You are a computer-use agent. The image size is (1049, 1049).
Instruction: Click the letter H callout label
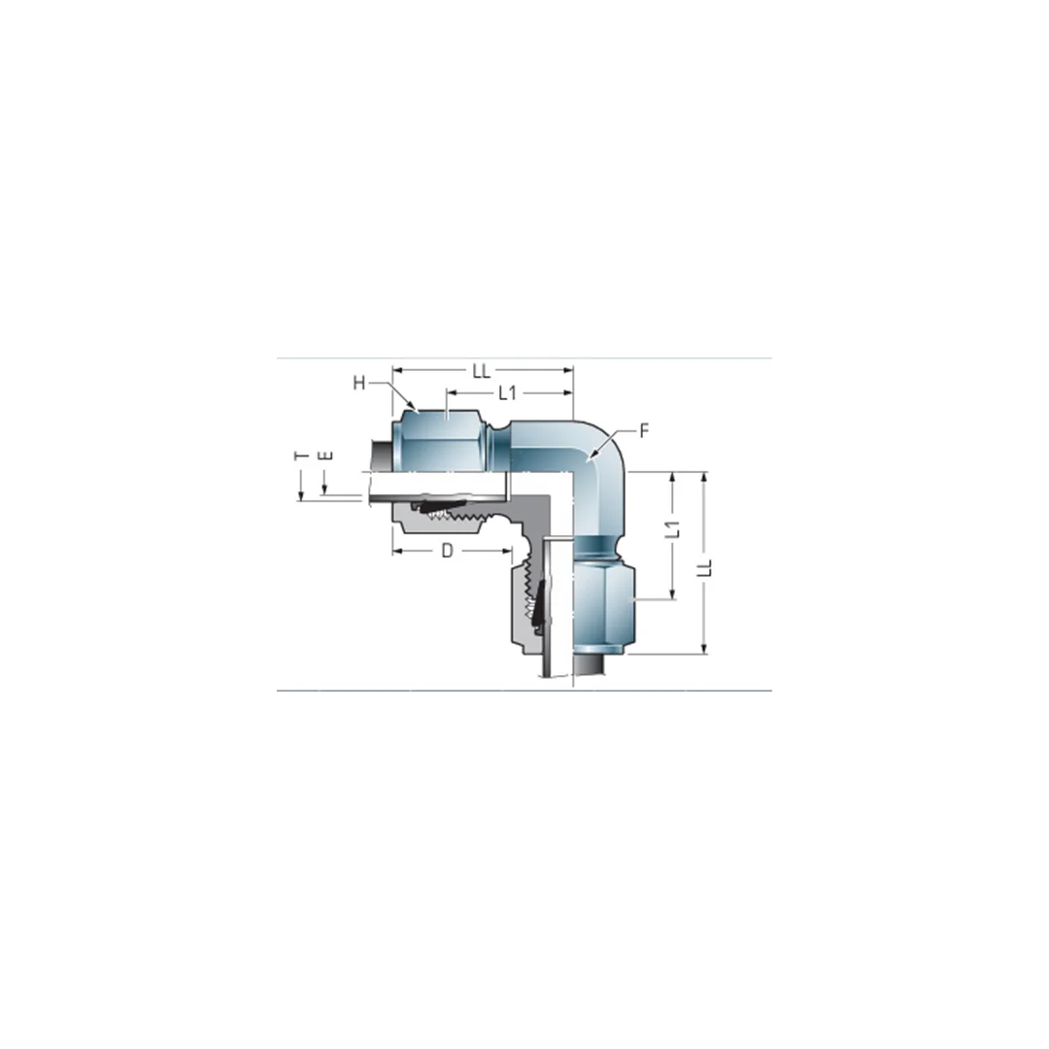(358, 383)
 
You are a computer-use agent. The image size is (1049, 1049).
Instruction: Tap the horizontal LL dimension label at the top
(482, 371)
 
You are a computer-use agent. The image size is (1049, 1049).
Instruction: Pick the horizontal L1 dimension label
(506, 393)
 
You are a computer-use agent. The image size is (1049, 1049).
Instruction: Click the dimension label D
(447, 551)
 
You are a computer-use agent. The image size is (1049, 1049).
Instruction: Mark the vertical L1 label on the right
(671, 531)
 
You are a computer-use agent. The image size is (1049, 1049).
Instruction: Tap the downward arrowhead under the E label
(326, 491)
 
